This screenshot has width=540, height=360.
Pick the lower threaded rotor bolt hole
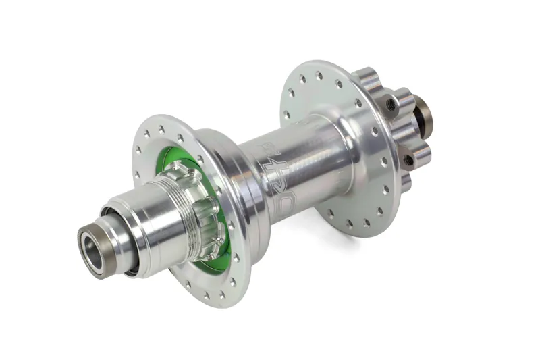pyautogui.click(x=408, y=159)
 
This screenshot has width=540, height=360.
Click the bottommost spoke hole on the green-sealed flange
pyautogui.click(x=223, y=294)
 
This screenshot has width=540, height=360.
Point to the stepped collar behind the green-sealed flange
pyautogui.click(x=233, y=189)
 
